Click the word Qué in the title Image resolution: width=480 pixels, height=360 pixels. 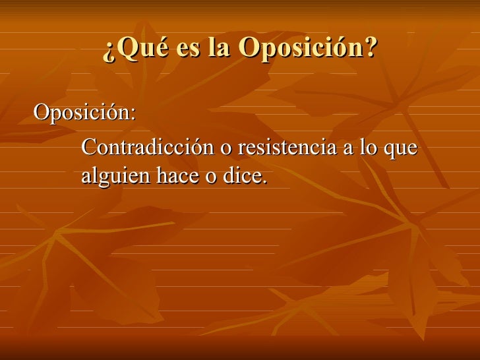(137, 47)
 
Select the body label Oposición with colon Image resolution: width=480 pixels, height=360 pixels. (85, 113)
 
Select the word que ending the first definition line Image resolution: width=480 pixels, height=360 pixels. (400, 150)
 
